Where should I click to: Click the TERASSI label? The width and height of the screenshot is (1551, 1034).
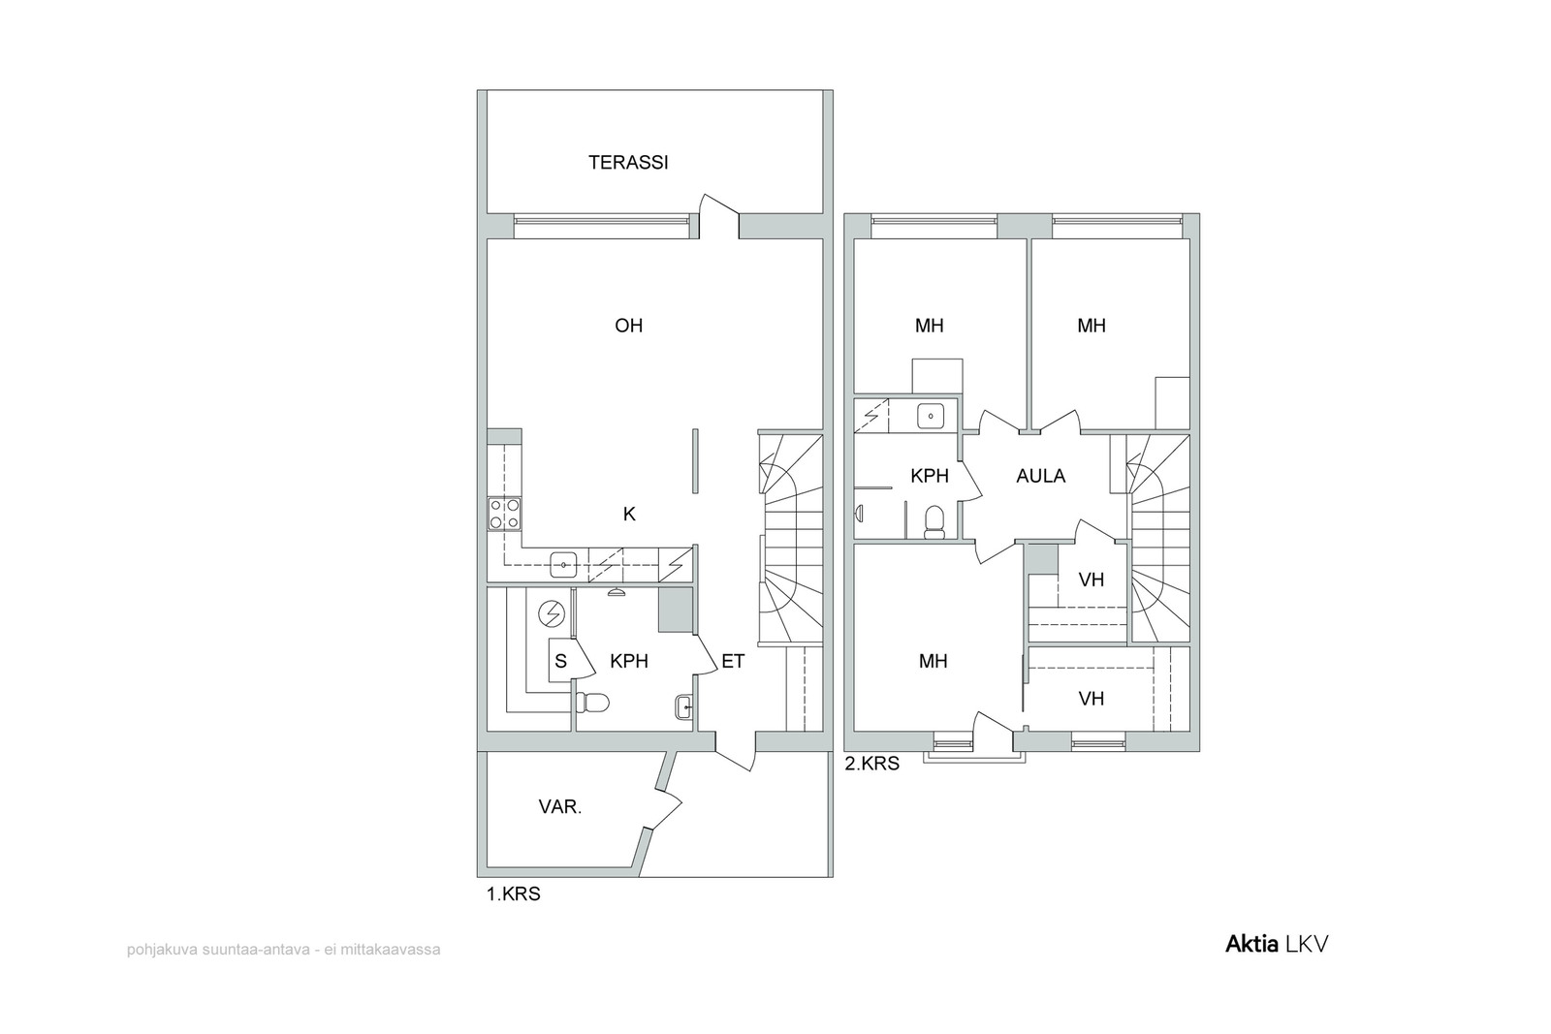point(628,163)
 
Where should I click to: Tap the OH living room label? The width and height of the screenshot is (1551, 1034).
point(629,326)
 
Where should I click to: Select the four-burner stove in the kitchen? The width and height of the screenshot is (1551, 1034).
point(505,514)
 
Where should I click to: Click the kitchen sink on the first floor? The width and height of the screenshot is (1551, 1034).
point(563,565)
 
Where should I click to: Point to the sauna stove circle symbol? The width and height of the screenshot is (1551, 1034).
point(553,613)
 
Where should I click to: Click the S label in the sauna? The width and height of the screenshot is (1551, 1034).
point(561,662)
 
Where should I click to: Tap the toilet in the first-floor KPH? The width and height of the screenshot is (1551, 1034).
point(592,703)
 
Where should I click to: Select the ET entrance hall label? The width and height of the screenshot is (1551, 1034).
point(733,662)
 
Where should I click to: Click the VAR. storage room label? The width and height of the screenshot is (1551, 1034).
point(560,807)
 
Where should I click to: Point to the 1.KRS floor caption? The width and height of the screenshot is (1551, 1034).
point(513,894)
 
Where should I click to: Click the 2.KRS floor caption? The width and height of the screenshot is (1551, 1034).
point(871,764)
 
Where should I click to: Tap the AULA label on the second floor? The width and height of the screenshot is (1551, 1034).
point(1041,476)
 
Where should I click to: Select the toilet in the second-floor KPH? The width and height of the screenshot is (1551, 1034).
point(934,521)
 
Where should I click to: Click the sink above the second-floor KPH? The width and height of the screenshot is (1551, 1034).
point(931,417)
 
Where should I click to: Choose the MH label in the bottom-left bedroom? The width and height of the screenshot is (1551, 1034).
point(933,662)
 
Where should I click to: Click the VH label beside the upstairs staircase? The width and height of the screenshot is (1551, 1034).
point(1092,580)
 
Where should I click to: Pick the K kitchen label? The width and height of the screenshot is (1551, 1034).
point(629,515)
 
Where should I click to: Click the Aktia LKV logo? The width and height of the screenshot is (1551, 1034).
point(1277,945)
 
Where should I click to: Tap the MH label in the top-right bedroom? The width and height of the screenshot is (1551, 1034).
point(1092,326)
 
